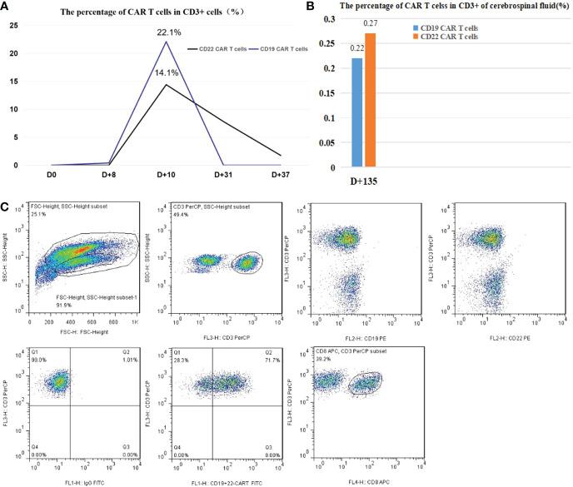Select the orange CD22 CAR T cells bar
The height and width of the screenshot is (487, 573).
[x=371, y=100]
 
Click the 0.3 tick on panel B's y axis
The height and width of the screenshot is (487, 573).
[x=330, y=18]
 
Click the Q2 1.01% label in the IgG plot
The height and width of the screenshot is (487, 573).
[x=128, y=360]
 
